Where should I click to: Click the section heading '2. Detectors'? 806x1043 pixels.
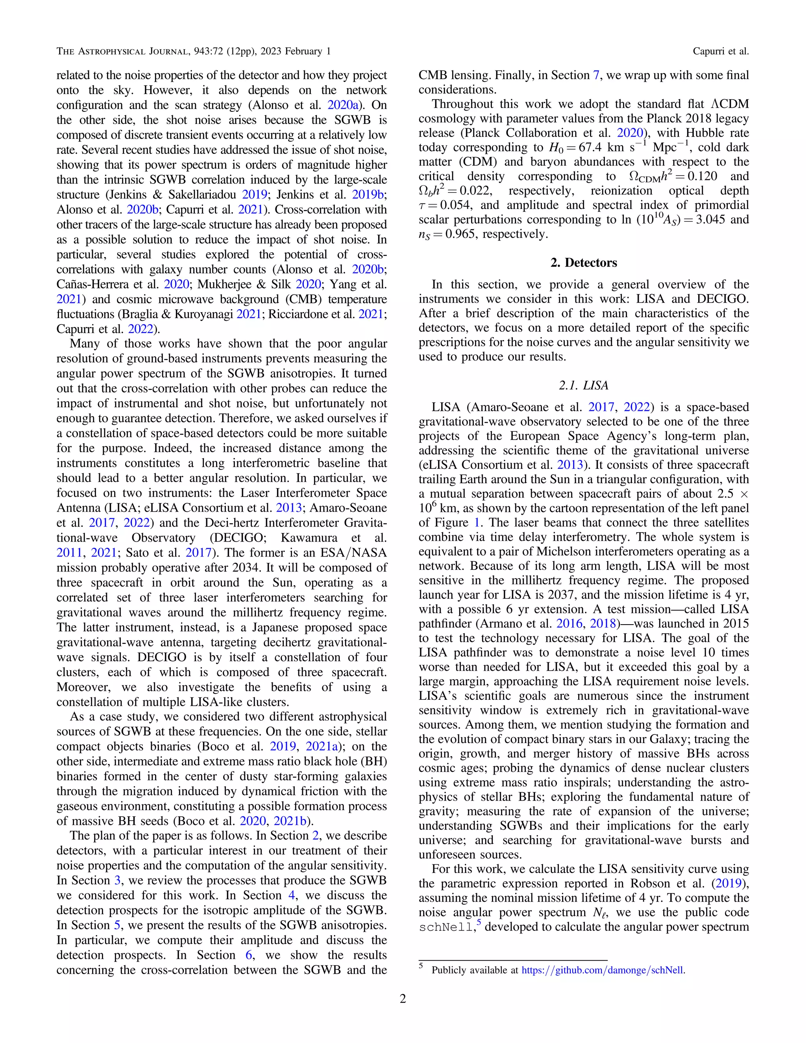coord(584,263)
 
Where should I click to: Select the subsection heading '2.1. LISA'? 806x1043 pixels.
coord(584,385)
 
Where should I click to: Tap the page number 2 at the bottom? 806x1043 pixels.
coord(403,999)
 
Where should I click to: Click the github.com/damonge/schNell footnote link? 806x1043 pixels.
coord(603,970)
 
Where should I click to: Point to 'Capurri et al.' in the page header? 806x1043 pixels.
coord(721,51)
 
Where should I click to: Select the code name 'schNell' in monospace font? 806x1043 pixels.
coord(446,927)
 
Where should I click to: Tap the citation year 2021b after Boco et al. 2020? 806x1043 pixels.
coord(292,821)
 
